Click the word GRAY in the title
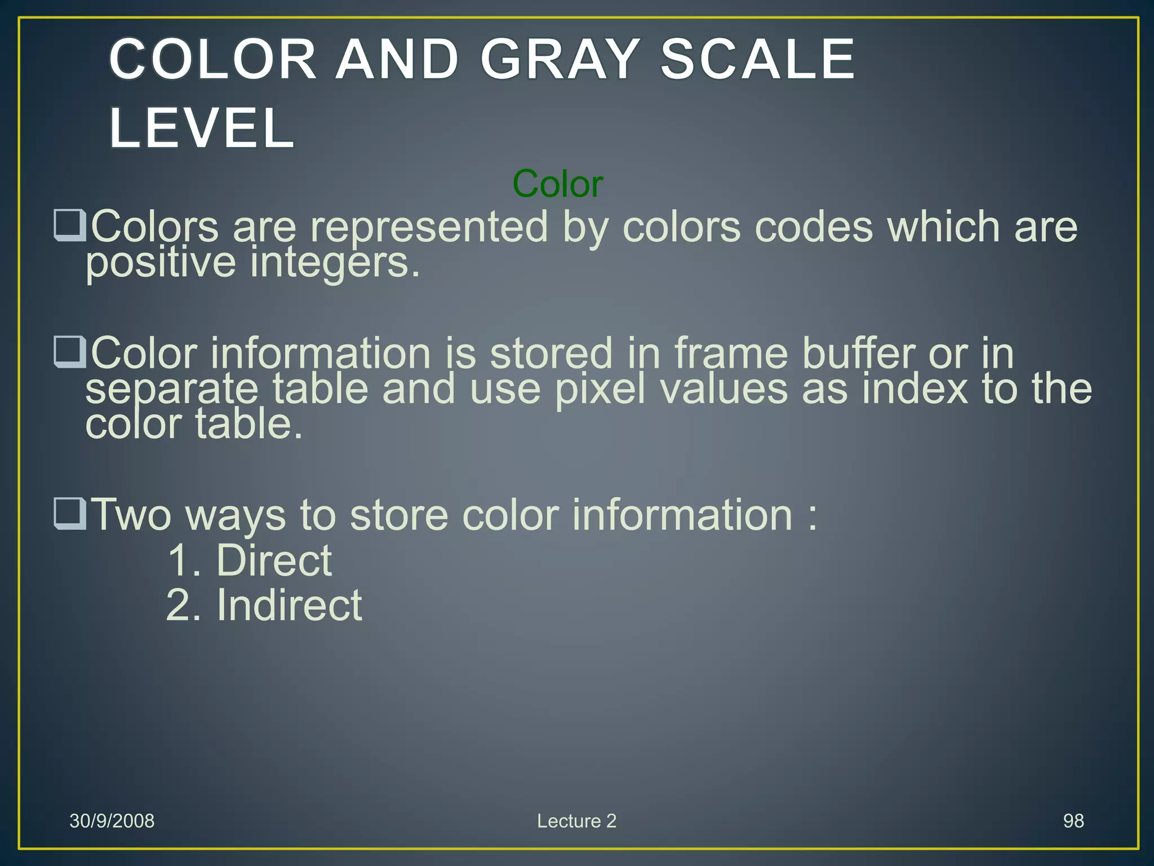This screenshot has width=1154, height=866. tap(560, 59)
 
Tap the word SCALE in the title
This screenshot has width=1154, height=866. tap(757, 59)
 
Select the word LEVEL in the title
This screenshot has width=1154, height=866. tap(202, 128)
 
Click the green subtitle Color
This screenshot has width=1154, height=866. tap(558, 184)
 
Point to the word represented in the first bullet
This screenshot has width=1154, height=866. tap(429, 227)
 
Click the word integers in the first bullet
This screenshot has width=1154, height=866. tap(335, 263)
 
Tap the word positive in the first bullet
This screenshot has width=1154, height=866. tap(161, 263)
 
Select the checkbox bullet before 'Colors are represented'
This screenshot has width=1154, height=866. tap(70, 226)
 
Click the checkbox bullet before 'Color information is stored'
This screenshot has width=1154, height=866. tap(70, 352)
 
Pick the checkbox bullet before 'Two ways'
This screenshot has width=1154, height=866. tap(70, 514)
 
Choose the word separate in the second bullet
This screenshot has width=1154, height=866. tap(172, 390)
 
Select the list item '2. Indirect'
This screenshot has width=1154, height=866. tap(264, 605)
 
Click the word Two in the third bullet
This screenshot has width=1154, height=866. tap(131, 515)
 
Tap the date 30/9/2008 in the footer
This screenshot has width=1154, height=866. tap(112, 821)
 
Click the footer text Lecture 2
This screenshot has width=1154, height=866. tap(576, 821)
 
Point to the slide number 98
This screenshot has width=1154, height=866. tap(1073, 821)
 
